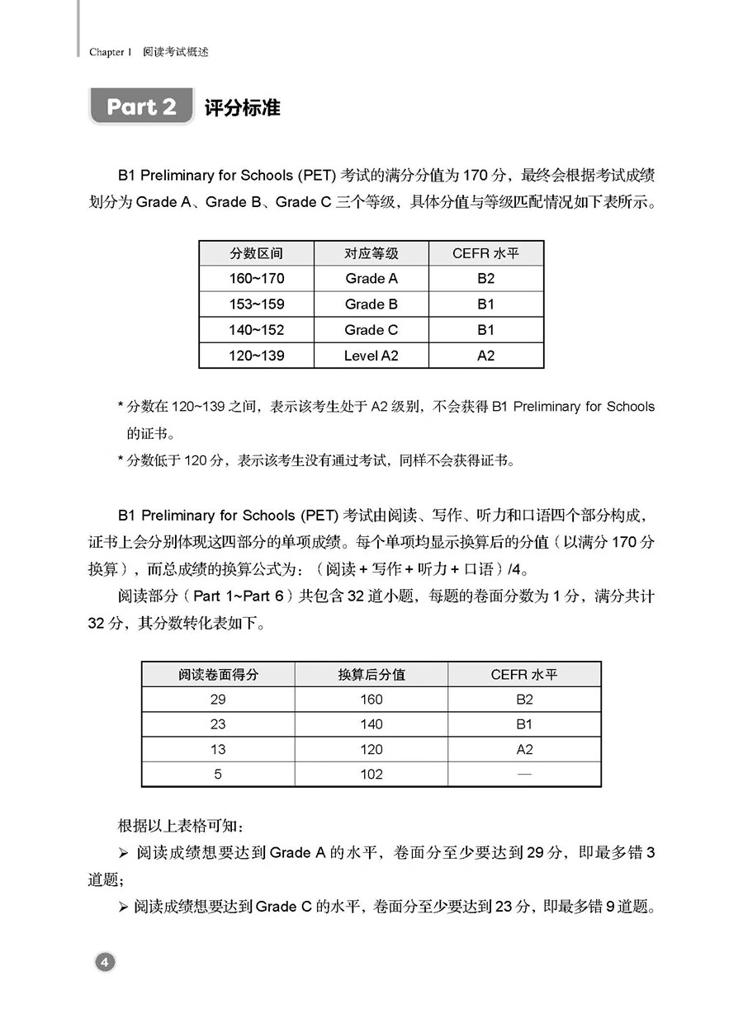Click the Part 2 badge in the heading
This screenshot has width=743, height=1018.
click(141, 107)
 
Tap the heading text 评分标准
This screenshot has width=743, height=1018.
click(242, 108)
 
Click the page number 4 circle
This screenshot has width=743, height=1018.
click(105, 961)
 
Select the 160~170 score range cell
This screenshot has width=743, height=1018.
click(256, 279)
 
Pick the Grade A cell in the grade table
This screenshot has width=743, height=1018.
click(371, 279)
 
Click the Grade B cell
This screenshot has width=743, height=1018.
click(371, 304)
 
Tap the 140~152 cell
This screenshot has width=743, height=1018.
click(256, 330)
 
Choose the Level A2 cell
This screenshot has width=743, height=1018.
click(371, 356)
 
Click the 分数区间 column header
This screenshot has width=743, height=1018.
click(256, 253)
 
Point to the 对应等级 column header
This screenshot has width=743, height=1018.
click(371, 253)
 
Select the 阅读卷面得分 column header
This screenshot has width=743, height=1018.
click(218, 674)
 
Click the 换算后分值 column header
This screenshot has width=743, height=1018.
click(371, 674)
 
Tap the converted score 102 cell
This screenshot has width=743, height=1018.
click(371, 774)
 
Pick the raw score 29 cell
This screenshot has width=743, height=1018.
click(218, 700)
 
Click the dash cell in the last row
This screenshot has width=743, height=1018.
click(524, 774)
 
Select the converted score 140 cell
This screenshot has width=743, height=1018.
click(371, 724)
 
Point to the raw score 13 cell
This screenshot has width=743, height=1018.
click(218, 749)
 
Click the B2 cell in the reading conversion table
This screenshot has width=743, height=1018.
click(524, 700)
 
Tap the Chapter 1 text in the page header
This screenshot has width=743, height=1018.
click(111, 52)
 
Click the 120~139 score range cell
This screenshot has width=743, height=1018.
click(256, 356)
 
